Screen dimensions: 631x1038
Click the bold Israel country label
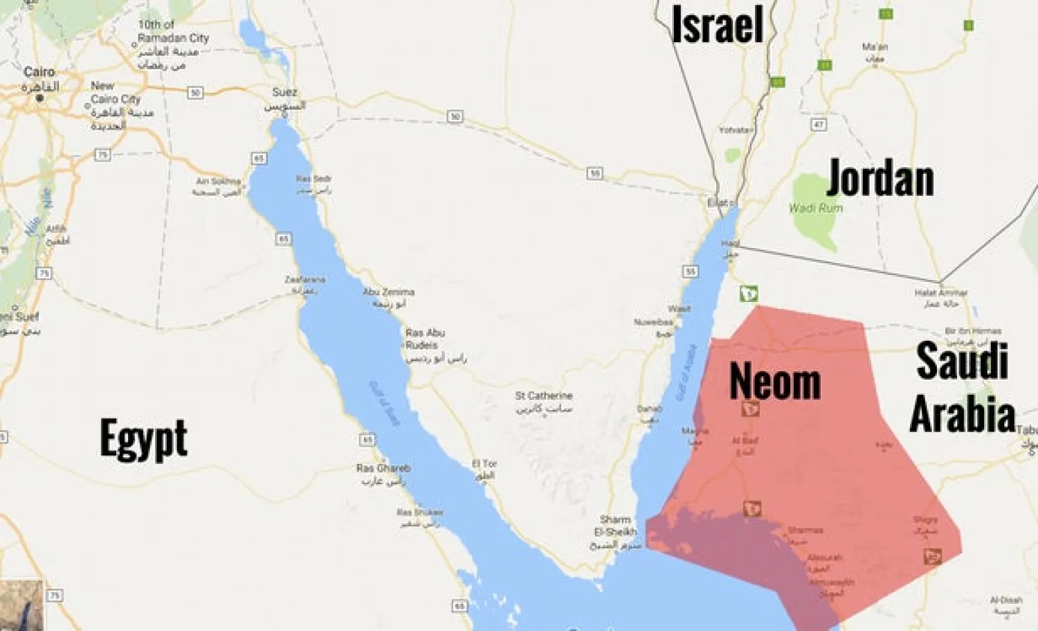point(718,24)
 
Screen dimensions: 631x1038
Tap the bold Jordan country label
point(880,178)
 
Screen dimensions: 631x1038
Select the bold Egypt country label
point(143,438)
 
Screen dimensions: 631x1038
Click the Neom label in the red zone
point(775,382)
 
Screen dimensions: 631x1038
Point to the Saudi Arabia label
point(962,388)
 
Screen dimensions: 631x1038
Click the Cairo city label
point(39,72)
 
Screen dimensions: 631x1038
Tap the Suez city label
point(284,92)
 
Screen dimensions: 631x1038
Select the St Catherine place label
point(544,396)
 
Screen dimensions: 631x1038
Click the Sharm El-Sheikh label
point(615,526)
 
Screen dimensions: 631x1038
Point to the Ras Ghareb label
point(383,468)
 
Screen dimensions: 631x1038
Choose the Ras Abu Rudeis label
point(425,339)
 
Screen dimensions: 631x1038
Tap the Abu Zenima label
point(389,292)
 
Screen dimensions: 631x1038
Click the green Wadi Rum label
point(816,208)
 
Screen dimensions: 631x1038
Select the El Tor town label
point(484,463)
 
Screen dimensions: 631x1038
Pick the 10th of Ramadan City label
point(172,31)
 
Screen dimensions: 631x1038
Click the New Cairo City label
point(115,92)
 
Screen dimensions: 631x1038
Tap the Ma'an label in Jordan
point(875,47)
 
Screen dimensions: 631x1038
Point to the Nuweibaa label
point(653,322)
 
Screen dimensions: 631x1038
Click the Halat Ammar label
point(941,293)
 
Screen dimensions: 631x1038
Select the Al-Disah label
point(1006,600)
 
